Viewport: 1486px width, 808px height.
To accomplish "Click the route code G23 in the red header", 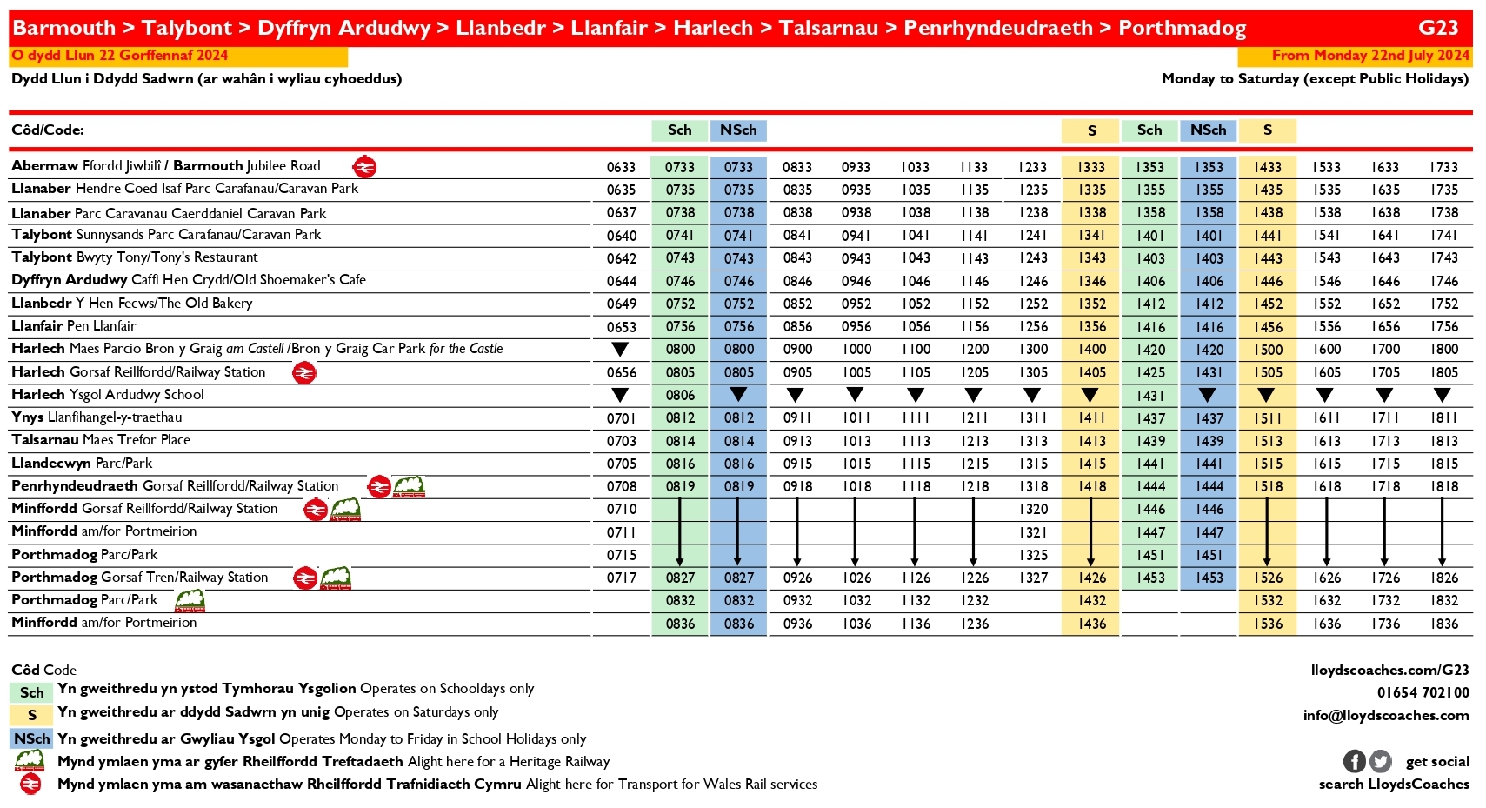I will [x=1437, y=28].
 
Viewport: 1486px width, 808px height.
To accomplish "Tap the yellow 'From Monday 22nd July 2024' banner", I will [x=1354, y=56].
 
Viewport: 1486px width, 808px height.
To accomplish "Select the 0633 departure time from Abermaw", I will [x=621, y=167].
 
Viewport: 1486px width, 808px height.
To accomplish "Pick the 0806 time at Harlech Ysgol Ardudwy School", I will [x=680, y=395].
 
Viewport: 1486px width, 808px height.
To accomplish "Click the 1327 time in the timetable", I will [x=1033, y=578].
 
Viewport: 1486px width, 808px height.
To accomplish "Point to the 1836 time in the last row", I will [x=1443, y=624].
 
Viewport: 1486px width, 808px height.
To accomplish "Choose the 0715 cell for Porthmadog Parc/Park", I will [x=621, y=555].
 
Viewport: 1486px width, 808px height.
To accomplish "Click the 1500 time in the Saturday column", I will [x=1268, y=350].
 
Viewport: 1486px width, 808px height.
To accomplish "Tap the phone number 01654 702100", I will [x=1423, y=692].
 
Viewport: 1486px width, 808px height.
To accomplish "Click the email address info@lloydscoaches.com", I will [x=1385, y=715].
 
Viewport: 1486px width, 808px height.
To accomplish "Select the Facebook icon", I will [x=1354, y=761].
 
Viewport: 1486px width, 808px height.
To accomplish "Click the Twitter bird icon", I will [x=1380, y=761].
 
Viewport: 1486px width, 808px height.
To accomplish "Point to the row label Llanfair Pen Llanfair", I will [x=74, y=326].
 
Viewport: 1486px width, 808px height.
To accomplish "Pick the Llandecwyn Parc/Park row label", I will [x=82, y=464].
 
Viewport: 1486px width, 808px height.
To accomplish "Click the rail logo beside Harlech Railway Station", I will [x=303, y=373].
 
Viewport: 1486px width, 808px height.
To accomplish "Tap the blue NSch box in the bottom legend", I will [x=31, y=738].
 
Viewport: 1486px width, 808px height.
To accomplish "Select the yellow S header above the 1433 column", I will [x=1267, y=130].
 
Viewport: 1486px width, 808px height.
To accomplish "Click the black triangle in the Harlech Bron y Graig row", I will [x=620, y=350].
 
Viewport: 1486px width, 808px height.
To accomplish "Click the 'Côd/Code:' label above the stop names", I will [x=48, y=130].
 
